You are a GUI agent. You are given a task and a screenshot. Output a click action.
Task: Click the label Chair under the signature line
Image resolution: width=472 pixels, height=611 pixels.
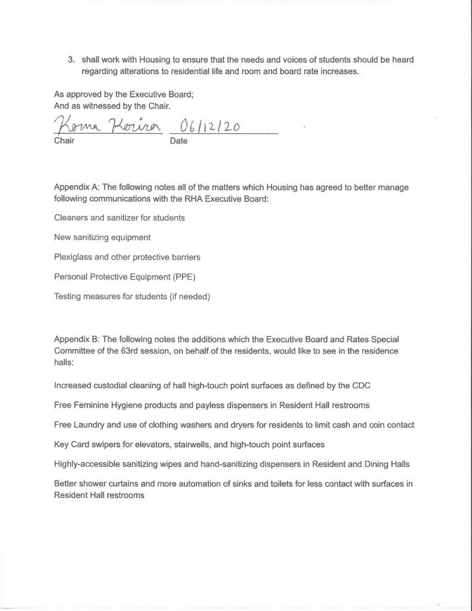[64, 142]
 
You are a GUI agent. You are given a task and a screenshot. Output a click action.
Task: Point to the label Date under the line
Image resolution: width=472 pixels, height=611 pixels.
[178, 142]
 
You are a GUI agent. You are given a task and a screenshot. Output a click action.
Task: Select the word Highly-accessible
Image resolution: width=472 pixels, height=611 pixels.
[90, 463]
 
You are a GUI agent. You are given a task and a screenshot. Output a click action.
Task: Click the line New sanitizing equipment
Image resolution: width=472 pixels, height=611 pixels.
[102, 237]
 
